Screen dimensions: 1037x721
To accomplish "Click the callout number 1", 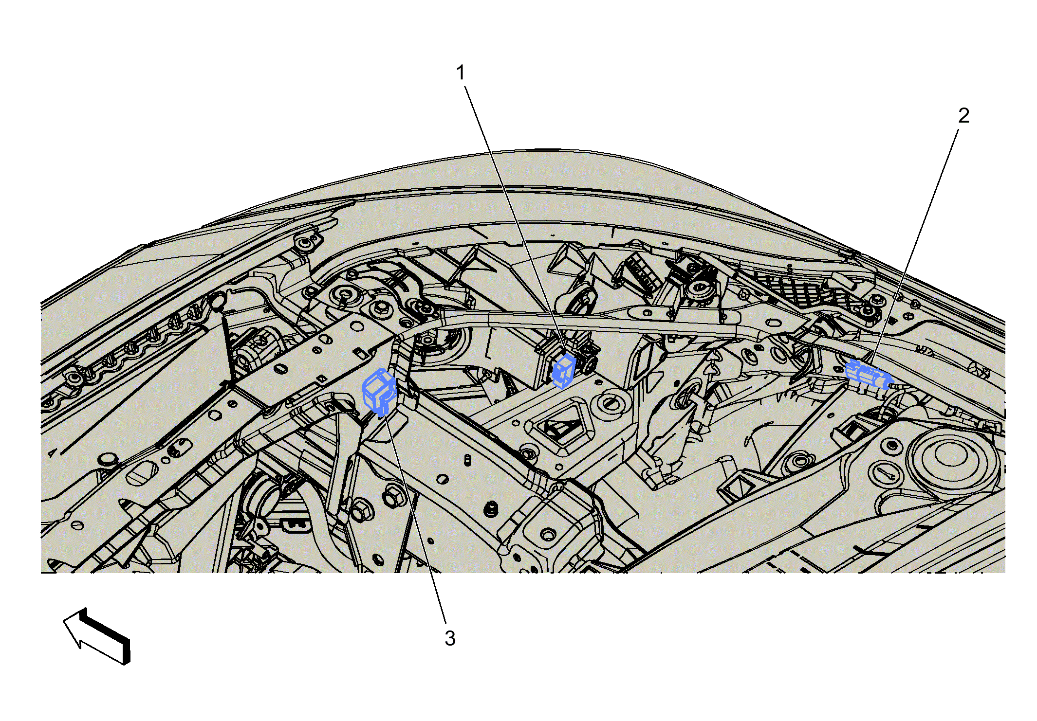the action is coord(461,73).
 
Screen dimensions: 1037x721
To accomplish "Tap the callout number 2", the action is coord(963,116).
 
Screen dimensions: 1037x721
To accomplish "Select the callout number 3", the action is coord(450,638).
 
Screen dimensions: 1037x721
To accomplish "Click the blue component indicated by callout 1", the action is coord(565,370).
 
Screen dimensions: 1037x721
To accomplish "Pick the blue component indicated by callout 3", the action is coord(380,392).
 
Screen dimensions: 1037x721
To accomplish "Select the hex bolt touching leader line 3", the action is coord(394,497).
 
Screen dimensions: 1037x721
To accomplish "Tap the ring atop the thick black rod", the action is coord(217,303).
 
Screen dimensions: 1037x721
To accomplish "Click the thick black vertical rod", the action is coord(227,347).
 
